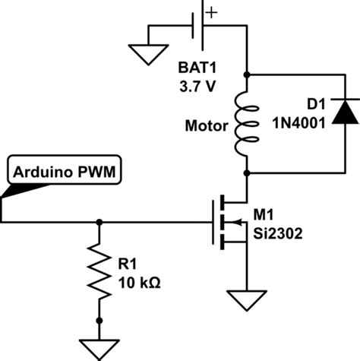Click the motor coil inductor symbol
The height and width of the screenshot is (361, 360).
point(248,124)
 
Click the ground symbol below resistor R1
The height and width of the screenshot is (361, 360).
point(99,347)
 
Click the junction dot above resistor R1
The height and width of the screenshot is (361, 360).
point(99,223)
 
